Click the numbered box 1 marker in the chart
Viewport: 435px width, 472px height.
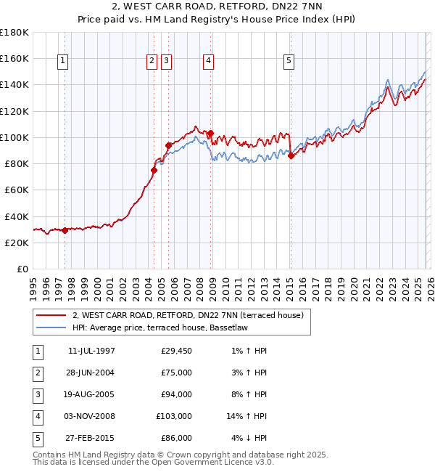pos(64,62)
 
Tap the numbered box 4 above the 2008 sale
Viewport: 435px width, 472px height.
pos(208,62)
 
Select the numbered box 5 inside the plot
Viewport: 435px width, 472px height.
pos(289,62)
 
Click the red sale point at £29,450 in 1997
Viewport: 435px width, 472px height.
pos(65,230)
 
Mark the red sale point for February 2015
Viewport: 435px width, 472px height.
pos(290,155)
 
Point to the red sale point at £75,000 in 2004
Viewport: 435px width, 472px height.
pos(154,170)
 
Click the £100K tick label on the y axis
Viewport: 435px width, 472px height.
pos(14,137)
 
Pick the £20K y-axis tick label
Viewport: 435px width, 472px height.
pos(17,243)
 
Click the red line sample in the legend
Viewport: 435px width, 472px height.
pos(51,315)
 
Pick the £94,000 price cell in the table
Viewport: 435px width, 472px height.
pos(176,394)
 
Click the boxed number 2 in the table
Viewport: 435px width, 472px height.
pos(37,373)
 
